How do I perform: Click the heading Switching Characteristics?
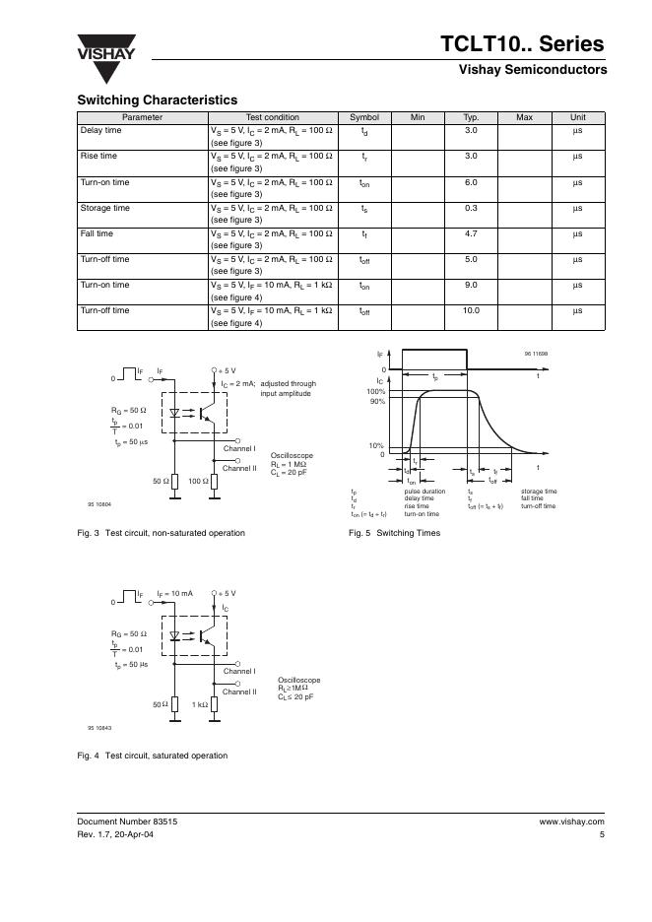[157, 100]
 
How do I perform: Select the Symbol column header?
[364, 117]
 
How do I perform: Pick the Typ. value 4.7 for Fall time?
[471, 233]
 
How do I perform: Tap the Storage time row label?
[104, 208]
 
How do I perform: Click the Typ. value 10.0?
[471, 310]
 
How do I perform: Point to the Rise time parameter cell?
[98, 156]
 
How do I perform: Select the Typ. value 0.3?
[471, 208]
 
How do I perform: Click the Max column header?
[524, 117]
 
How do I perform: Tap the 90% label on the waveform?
[376, 401]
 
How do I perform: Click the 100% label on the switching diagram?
[375, 391]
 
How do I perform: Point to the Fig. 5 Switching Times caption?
[394, 533]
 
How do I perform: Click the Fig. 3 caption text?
[161, 533]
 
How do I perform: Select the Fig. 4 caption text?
[152, 756]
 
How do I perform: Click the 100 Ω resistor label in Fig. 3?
[198, 481]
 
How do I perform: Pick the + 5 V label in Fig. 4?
[227, 594]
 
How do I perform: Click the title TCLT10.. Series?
[524, 44]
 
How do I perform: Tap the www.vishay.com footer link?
[571, 821]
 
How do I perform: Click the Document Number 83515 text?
[127, 821]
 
